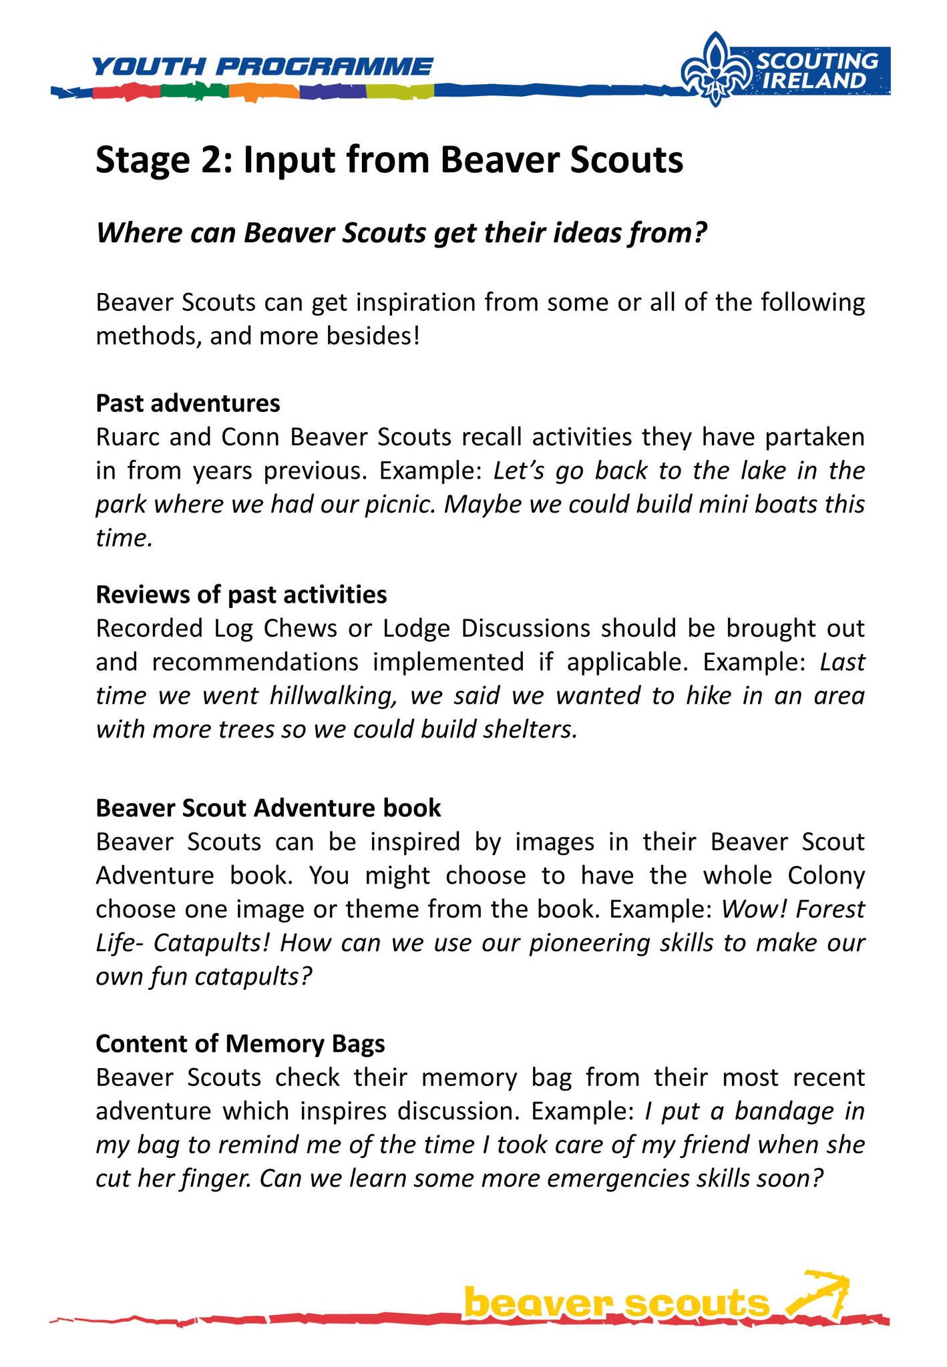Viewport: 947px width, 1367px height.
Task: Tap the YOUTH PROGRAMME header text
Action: pos(262,67)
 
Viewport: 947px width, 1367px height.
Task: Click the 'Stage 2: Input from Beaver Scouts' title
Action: pos(389,161)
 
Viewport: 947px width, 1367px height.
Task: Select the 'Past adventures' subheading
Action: pos(188,403)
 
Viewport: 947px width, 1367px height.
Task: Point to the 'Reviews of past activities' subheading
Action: pos(241,593)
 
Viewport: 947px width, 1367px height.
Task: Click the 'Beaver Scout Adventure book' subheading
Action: pos(268,808)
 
